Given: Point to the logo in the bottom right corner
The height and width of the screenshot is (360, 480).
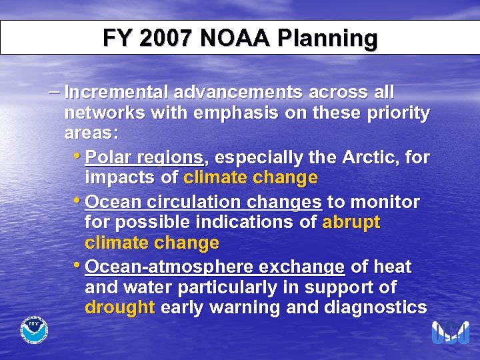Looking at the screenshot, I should pos(450,331).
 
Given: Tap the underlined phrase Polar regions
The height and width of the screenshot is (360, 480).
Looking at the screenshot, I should pos(145,158).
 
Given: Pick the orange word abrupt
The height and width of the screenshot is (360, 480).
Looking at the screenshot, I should pos(351,223).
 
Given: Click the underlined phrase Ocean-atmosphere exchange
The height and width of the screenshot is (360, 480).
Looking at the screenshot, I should pos(215,267).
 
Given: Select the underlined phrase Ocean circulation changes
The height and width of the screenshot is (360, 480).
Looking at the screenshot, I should pos(204,202).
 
